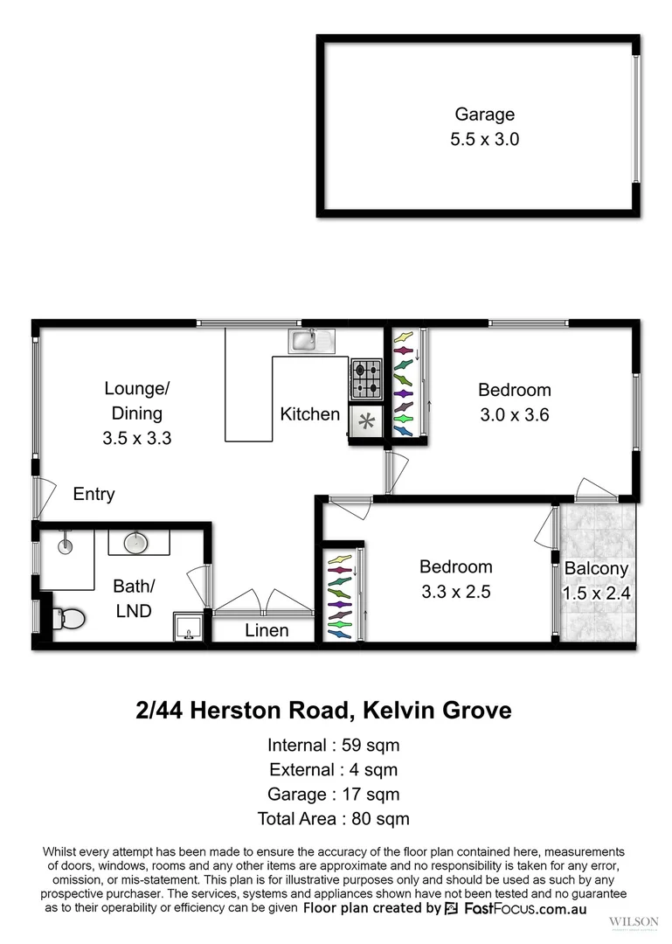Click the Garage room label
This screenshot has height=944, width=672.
484,115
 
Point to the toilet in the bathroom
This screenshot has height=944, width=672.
67,619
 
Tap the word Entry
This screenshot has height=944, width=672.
94,495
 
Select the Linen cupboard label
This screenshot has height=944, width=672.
267,630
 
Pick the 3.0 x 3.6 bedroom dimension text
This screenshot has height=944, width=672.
514,415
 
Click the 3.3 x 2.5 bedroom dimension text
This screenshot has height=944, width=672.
455,592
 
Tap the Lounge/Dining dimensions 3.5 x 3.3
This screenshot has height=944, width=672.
135,439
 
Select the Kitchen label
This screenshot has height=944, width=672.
309,414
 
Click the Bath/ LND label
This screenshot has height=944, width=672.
133,599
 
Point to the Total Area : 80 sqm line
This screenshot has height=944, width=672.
333,819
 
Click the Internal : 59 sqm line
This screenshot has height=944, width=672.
333,746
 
